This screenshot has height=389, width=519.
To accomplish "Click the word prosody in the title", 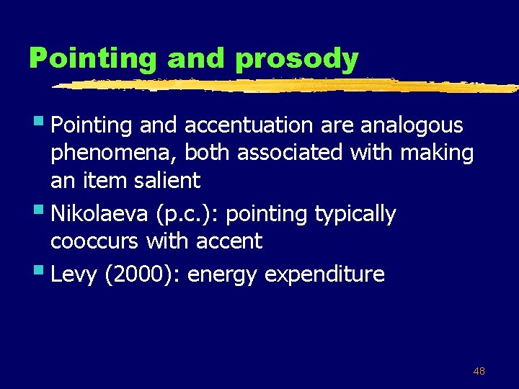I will point(296,59).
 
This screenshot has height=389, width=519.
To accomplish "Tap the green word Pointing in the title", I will point(92,59).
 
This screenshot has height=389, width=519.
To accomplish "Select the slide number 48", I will point(479,371).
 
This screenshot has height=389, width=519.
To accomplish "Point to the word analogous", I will point(412,126).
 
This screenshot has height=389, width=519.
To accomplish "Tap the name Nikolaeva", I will point(97,214).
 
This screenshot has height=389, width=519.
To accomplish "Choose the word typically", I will point(354,214).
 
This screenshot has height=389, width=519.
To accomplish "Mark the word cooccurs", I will point(94,241).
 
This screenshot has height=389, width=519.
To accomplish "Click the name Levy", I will point(75,274).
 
